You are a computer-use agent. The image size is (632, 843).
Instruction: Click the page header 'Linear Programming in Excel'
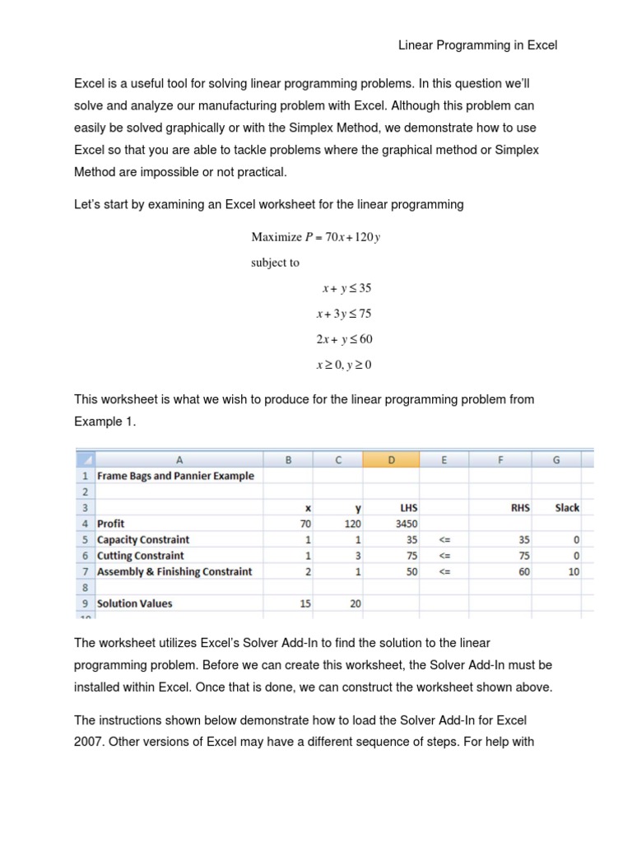(478, 45)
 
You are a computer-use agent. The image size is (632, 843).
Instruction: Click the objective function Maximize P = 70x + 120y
(316, 238)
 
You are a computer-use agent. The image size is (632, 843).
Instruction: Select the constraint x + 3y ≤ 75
(345, 314)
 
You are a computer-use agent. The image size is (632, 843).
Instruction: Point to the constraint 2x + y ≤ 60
(345, 339)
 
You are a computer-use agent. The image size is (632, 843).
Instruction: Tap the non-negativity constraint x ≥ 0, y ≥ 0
(345, 365)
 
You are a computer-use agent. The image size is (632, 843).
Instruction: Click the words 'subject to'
(276, 263)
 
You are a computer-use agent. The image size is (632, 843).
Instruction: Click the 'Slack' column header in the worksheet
(567, 508)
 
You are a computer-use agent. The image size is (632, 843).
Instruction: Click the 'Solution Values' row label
(135, 603)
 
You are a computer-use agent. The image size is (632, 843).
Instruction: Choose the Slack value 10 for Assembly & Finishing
(574, 571)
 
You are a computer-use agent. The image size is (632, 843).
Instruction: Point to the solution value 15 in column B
(305, 603)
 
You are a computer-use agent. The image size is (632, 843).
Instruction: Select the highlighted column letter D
(391, 461)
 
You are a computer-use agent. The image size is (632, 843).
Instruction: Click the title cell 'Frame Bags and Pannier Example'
(175, 476)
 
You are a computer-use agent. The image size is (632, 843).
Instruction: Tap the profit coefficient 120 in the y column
(352, 524)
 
